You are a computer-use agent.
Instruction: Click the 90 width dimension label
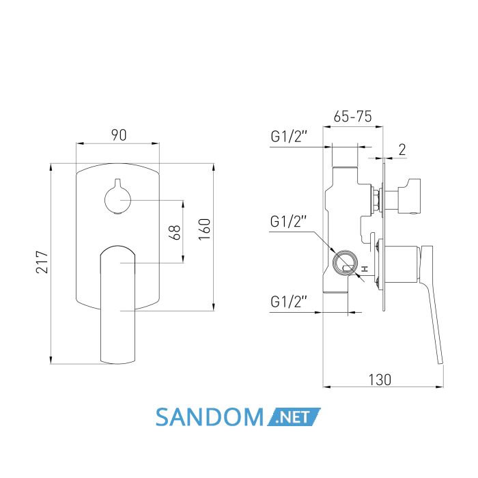click(119, 135)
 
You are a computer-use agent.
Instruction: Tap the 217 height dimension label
click(42, 262)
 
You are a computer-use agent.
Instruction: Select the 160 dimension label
click(205, 229)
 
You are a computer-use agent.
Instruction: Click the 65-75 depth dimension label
click(353, 116)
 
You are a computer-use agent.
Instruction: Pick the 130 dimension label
click(380, 380)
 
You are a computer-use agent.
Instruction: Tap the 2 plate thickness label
click(402, 150)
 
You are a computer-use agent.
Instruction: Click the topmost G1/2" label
click(288, 137)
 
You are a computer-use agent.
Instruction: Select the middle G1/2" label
click(288, 221)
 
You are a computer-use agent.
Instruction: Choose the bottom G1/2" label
click(288, 302)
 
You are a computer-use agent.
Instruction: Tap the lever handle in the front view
click(117, 305)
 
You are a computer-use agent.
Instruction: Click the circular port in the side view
click(345, 264)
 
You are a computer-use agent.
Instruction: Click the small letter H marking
click(365, 269)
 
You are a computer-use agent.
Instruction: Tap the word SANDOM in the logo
click(209, 417)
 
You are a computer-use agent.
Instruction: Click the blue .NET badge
click(294, 417)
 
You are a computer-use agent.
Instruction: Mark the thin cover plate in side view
click(384, 237)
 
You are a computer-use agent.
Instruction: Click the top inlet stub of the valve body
click(345, 173)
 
